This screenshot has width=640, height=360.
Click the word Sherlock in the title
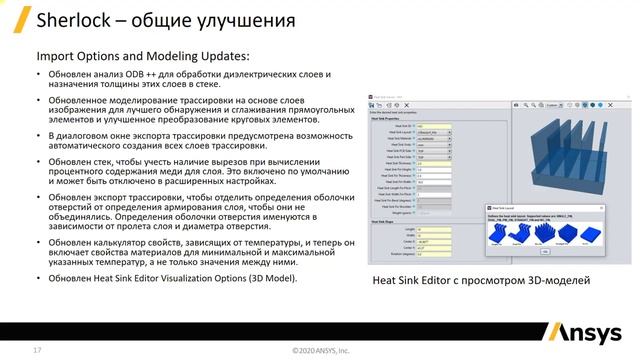pos(71,21)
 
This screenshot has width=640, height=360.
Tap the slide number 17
pos(37,350)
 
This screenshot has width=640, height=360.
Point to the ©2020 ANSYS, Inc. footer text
pos(320,351)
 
